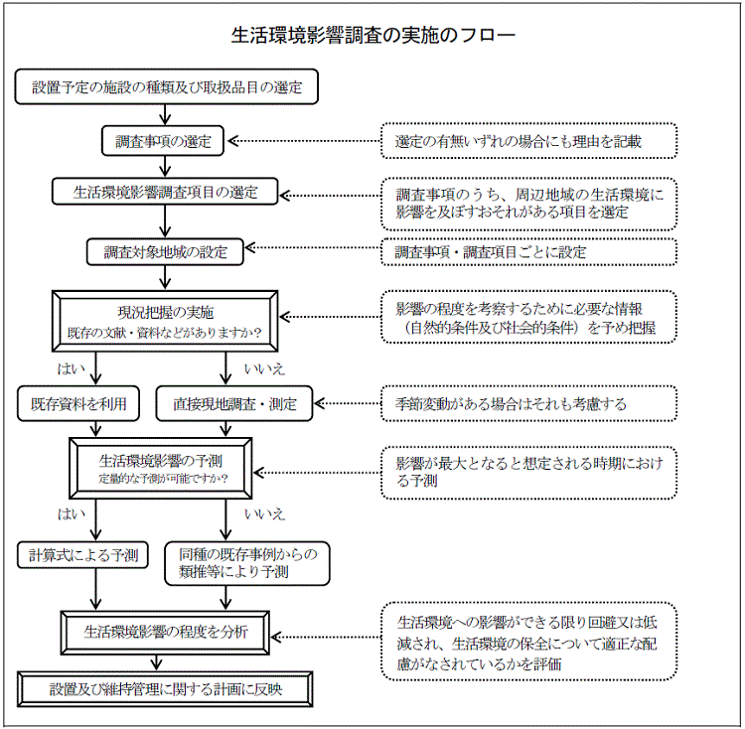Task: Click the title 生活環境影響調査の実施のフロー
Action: pyautogui.click(x=372, y=36)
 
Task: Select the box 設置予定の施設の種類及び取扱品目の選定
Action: pyautogui.click(x=167, y=87)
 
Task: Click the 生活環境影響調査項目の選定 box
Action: pyautogui.click(x=166, y=193)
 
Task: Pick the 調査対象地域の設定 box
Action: pyautogui.click(x=166, y=251)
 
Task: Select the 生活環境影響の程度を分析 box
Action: pyautogui.click(x=166, y=631)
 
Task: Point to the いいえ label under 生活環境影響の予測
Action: pyautogui.click(x=264, y=513)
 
